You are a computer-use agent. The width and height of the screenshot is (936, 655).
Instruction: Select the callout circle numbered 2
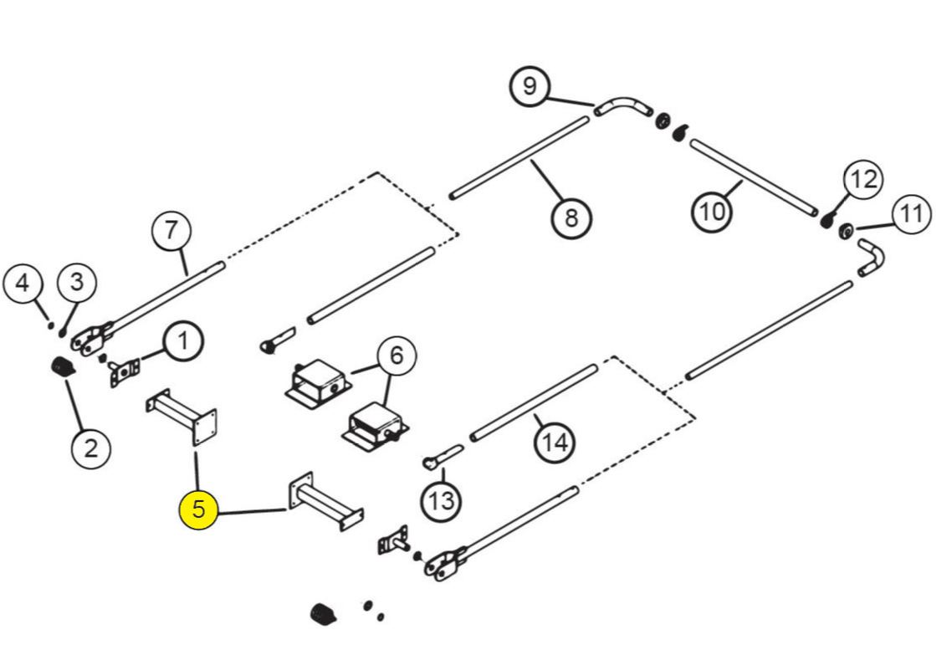tap(90, 448)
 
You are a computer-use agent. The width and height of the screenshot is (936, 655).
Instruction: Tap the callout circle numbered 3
tap(77, 282)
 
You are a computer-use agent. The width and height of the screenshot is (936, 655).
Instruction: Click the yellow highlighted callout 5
tap(198, 509)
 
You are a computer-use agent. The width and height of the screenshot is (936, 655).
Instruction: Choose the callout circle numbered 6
tap(396, 356)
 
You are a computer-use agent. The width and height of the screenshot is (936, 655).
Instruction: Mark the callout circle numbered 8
tap(571, 218)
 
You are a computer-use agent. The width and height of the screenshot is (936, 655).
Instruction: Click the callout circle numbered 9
tap(531, 86)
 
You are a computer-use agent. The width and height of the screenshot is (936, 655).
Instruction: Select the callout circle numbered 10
tap(711, 211)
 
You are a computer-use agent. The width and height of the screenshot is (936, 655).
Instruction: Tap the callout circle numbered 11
tap(911, 214)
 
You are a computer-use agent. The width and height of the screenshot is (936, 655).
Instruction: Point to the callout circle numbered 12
tap(862, 178)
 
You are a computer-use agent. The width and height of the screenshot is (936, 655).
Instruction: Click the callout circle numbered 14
tap(555, 440)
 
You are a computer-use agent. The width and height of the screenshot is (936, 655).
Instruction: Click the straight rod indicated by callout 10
tap(753, 177)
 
